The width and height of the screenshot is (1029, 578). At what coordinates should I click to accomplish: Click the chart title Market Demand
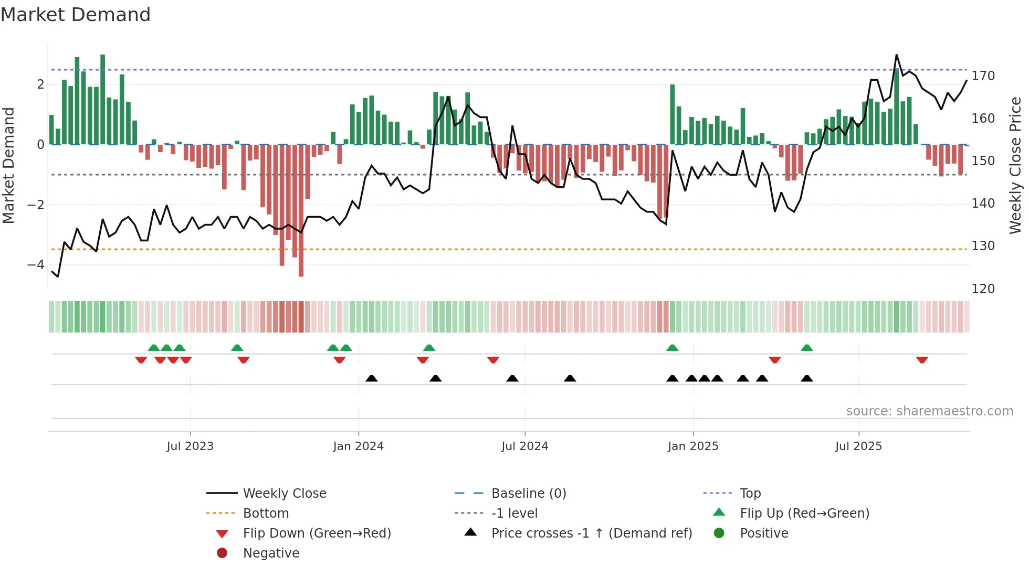[76, 15]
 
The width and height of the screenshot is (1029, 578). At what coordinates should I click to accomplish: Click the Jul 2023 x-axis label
[190, 446]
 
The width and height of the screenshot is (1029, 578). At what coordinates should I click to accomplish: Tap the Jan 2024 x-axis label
[359, 446]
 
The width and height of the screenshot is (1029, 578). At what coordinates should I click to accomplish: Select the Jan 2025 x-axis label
[693, 446]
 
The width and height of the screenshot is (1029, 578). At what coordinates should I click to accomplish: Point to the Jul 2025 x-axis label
[859, 446]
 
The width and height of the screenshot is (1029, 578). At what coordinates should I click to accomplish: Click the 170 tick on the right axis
[983, 76]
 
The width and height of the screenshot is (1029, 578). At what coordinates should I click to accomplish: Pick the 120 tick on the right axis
[983, 289]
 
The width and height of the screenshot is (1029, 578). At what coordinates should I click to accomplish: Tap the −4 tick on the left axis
[36, 265]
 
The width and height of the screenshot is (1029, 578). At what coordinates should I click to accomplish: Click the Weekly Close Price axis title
[1015, 165]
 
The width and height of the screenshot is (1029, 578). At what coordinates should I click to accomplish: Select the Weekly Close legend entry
[285, 494]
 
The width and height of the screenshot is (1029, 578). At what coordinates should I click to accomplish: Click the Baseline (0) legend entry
[529, 494]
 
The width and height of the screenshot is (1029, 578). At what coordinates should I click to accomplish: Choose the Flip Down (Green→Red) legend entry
[317, 533]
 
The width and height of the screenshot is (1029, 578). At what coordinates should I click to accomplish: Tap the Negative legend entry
[271, 553]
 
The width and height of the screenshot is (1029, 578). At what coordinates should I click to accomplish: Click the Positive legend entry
[764, 533]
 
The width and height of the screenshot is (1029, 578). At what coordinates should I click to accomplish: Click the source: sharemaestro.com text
[929, 411]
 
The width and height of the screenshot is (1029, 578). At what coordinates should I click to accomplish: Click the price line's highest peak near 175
[896, 55]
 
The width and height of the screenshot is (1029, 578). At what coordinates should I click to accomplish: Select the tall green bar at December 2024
[673, 115]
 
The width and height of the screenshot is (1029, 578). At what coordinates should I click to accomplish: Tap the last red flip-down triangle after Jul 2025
[922, 360]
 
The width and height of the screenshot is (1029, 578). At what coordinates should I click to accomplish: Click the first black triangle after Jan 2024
[372, 378]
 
